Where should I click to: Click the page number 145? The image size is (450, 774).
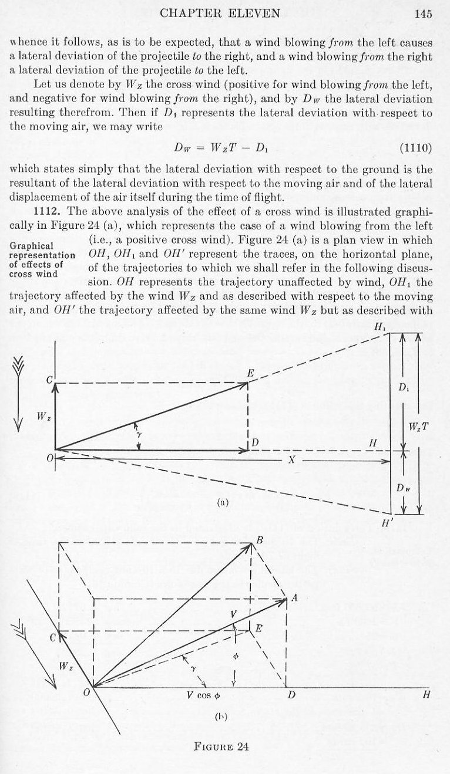[x=423, y=15]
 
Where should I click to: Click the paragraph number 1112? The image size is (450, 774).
[x=45, y=211]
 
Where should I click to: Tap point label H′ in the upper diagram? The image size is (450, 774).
[x=386, y=525]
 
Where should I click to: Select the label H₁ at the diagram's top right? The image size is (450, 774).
[x=381, y=327]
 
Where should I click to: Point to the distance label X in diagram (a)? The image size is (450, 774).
[x=291, y=461]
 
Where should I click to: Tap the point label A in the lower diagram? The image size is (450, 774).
[x=294, y=599]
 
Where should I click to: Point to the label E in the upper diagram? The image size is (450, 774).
[x=251, y=374]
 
